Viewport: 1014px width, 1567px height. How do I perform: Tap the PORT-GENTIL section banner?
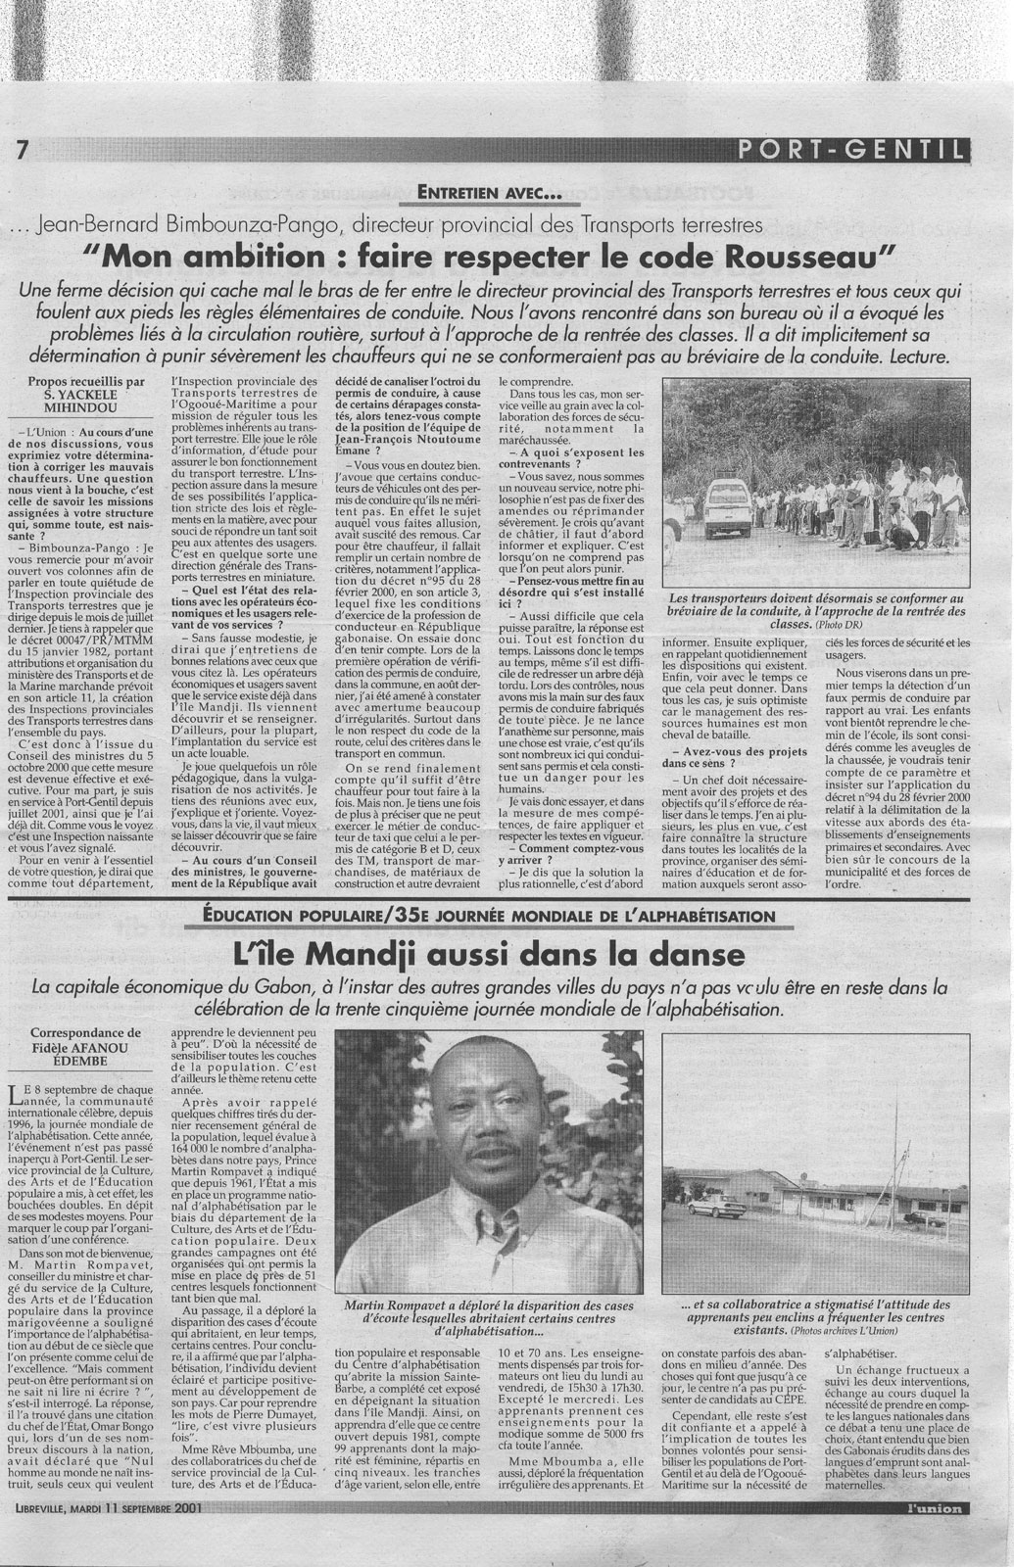click(851, 150)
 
